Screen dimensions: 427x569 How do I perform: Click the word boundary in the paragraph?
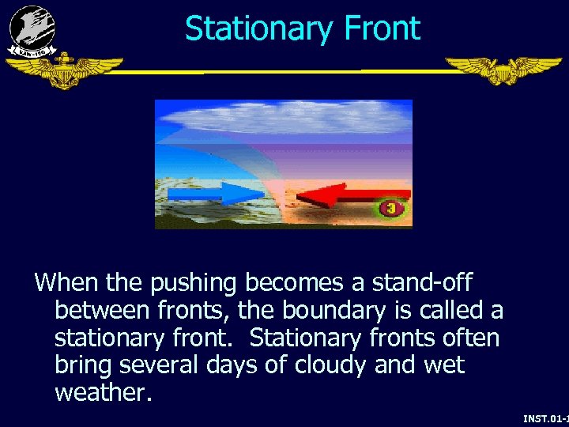pos(344,310)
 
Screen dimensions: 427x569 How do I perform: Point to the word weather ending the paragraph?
pos(101,393)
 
